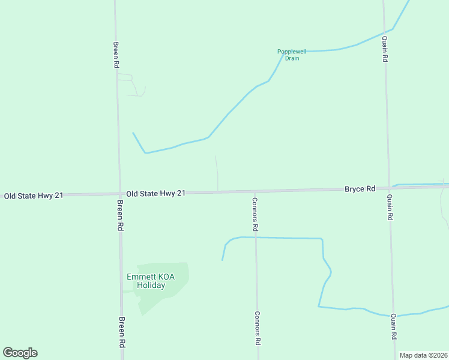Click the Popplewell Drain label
[x=292, y=55]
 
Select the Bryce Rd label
[x=360, y=188]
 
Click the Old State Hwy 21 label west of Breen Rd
[x=33, y=196]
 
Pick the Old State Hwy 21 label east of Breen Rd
[x=155, y=193]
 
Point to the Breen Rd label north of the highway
[x=116, y=54]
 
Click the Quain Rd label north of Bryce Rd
[x=385, y=49]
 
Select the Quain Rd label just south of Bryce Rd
[x=390, y=208]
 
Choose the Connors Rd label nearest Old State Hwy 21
[x=255, y=215]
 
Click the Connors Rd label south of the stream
[x=257, y=328]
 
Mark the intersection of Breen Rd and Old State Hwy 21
[x=119, y=194]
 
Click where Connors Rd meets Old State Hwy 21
[x=255, y=191]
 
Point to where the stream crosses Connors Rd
[x=256, y=238]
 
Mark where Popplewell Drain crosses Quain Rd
[x=384, y=32]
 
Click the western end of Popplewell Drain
[x=133, y=133]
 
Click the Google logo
[x=20, y=353]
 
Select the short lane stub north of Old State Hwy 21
[x=217, y=173]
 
